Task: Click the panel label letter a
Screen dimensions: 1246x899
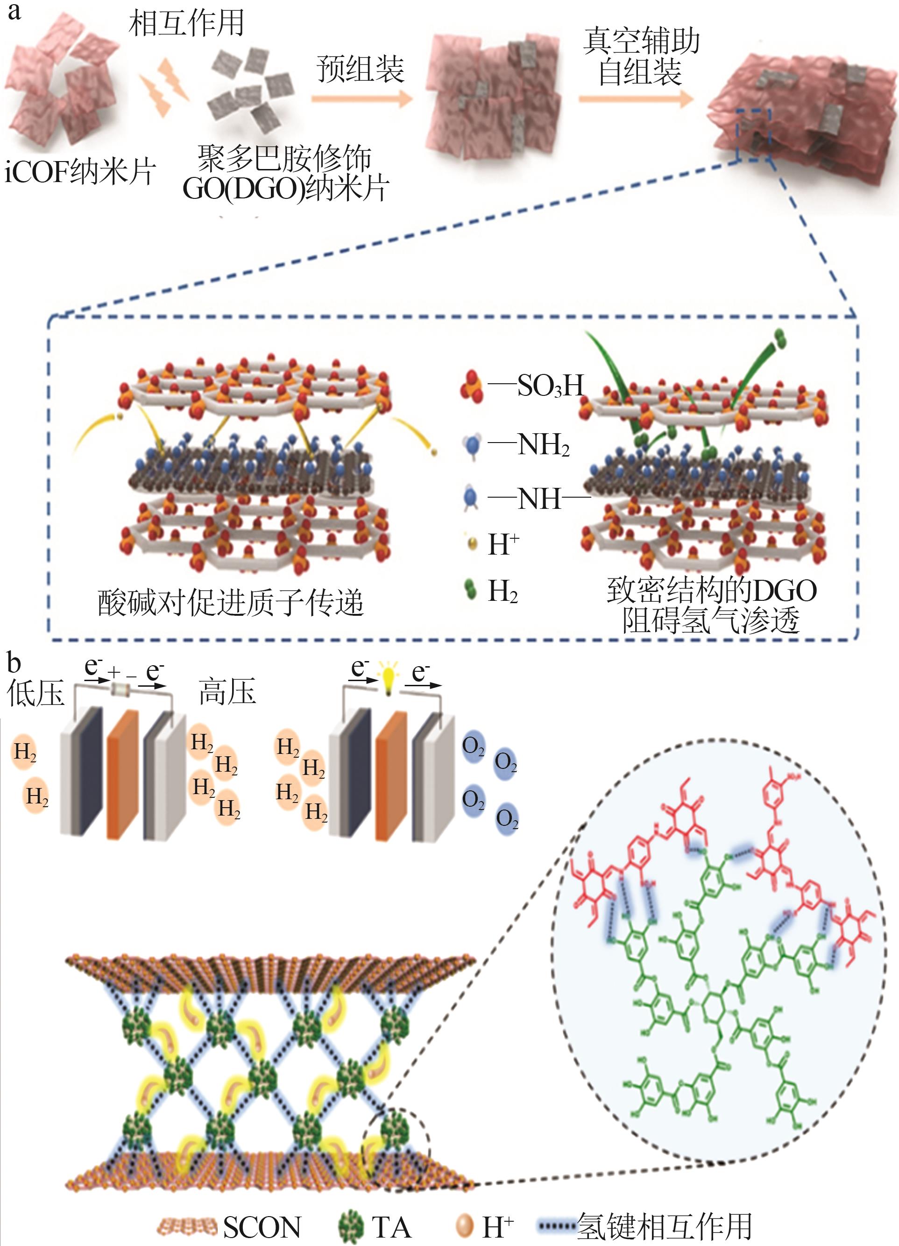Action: coord(14,12)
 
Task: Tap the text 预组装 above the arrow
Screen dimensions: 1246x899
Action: coord(360,70)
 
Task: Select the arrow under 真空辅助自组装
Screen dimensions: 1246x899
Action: coord(637,99)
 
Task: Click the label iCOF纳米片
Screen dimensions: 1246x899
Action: coord(80,172)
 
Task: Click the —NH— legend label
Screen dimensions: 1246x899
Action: coord(538,500)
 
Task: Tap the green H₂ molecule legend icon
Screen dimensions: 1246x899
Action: coord(470,591)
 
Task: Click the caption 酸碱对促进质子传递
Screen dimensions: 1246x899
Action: coord(231,603)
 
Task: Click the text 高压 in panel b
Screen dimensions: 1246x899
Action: coord(227,691)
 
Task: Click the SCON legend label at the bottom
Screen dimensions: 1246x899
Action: coord(262,1227)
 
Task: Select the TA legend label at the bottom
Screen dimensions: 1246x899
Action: coord(391,1227)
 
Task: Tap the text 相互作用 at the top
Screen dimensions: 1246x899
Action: coord(186,24)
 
